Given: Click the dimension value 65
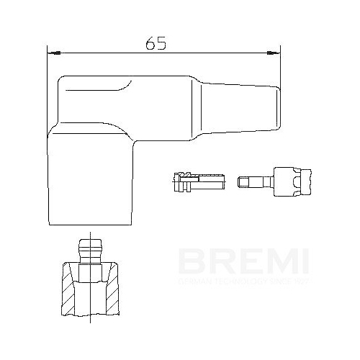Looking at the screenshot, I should [x=156, y=43].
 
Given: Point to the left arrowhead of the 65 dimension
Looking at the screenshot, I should [x=52, y=53].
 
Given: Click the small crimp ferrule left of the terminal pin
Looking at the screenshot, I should [x=192, y=179].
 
